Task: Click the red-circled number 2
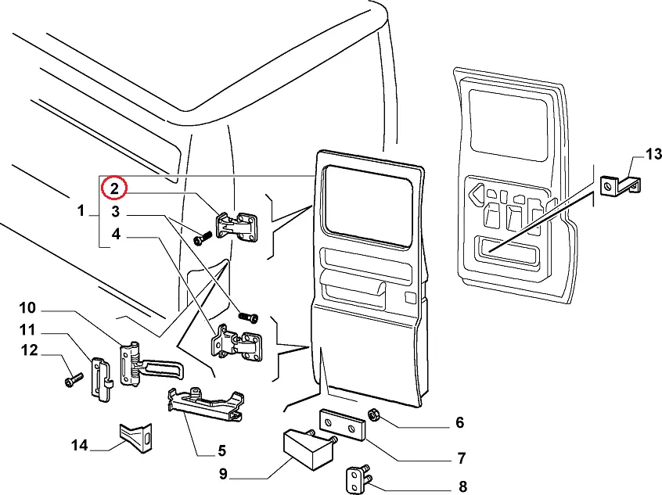pos(114,188)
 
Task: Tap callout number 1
pos(81,210)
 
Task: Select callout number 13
pos(653,152)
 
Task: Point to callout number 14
pos(80,446)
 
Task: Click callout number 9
pos(222,473)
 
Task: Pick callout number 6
pos(459,423)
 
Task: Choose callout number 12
pos(28,350)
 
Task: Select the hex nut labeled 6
pos(374,415)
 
